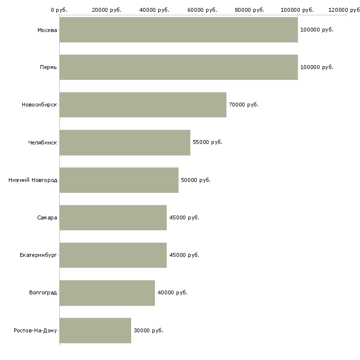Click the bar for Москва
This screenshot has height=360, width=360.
point(179,30)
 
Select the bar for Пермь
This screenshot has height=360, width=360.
point(179,67)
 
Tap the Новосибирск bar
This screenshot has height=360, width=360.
point(143,105)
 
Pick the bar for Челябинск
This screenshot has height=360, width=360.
point(125,143)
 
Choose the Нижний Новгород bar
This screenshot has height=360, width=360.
point(119,180)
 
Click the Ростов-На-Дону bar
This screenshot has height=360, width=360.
point(95,330)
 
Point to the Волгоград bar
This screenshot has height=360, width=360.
point(107,293)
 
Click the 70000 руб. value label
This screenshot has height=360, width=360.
point(244,105)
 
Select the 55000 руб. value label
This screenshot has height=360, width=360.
point(208,143)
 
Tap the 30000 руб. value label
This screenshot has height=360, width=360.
point(148,330)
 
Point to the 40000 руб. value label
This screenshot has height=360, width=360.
point(172,293)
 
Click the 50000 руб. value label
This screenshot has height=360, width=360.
point(196,180)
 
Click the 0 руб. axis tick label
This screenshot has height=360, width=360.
point(59,10)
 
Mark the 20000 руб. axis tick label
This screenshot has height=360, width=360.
point(107,10)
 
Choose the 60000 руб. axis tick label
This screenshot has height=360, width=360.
point(202,10)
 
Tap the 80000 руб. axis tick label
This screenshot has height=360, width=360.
point(250,10)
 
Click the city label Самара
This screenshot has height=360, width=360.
point(47,217)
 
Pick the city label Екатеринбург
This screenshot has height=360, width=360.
point(38,255)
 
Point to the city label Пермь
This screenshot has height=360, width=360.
point(48,67)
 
